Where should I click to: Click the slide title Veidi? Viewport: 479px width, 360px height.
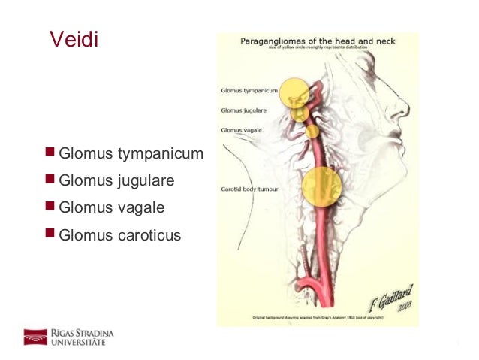point(73,38)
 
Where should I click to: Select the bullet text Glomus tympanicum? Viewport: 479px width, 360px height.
point(131,154)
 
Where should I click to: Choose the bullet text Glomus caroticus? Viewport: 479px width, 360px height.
point(119,235)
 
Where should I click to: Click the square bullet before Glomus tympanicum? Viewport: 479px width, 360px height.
point(50,153)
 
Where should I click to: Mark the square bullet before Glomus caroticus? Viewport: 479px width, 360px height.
point(50,234)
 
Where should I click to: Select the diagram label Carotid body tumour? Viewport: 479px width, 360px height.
point(249,189)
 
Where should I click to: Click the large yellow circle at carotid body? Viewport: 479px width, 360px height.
point(321,187)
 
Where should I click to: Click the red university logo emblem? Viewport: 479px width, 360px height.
point(35,337)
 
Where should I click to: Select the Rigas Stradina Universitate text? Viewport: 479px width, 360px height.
point(83,337)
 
